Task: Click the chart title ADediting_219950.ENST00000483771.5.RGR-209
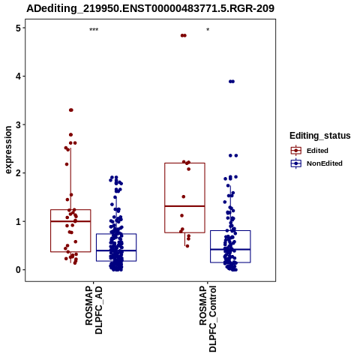click(x=151, y=8)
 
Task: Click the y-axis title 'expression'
click(x=8, y=150)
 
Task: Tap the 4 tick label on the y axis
click(x=18, y=76)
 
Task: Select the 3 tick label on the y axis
click(x=18, y=124)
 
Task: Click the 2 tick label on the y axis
click(x=18, y=173)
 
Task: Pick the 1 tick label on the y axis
click(x=18, y=221)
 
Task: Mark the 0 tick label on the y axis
click(x=18, y=270)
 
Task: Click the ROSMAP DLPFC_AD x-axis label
click(x=94, y=310)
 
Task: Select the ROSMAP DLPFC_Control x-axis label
click(x=208, y=319)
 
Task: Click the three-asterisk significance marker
click(x=94, y=30)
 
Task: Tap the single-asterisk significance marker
click(x=208, y=30)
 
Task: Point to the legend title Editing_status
click(x=320, y=136)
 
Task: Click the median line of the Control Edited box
click(x=184, y=206)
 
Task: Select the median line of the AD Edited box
click(x=70, y=221)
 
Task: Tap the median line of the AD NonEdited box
click(x=116, y=250)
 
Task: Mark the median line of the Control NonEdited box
click(x=230, y=249)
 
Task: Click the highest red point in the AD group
click(x=71, y=110)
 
